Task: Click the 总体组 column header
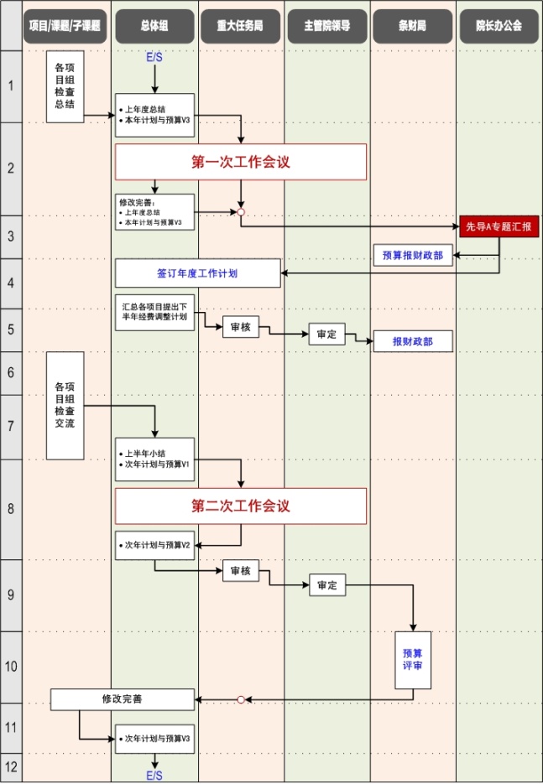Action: pos(154,26)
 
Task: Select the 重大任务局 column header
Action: pos(241,26)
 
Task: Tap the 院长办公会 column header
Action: pos(499,26)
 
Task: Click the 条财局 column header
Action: pos(412,26)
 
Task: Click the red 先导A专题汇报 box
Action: pos(499,226)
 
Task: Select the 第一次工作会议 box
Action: pos(241,162)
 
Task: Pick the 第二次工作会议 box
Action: pos(241,506)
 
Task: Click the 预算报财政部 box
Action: pos(413,256)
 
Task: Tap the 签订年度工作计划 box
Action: pos(197,273)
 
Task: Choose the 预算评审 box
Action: pos(412,660)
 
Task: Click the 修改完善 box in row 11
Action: pos(123,698)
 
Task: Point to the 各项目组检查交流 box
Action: pos(65,405)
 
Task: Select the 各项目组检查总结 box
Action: pos(65,86)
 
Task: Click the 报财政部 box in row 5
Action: pos(412,341)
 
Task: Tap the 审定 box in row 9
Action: pos(326,585)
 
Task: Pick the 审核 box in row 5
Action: pos(241,327)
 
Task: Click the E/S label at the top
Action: pos(154,57)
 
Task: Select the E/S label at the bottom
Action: pos(154,774)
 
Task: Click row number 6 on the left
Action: pos(11,371)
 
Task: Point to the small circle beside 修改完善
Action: pos(241,699)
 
